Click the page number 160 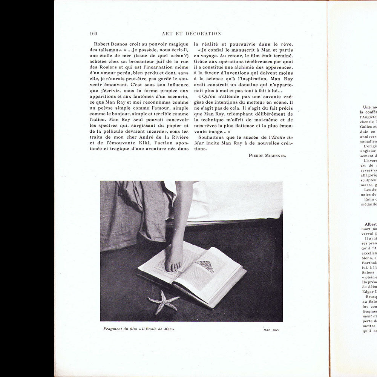pos(93,34)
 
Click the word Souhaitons pos(214,137)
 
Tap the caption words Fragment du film pos(117,329)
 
